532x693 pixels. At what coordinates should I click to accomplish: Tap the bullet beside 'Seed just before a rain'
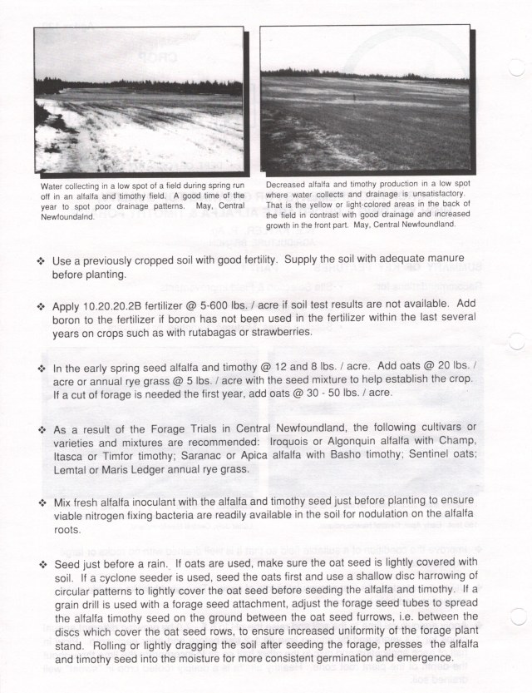42,562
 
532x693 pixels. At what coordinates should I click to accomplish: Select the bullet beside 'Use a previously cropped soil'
42,260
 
